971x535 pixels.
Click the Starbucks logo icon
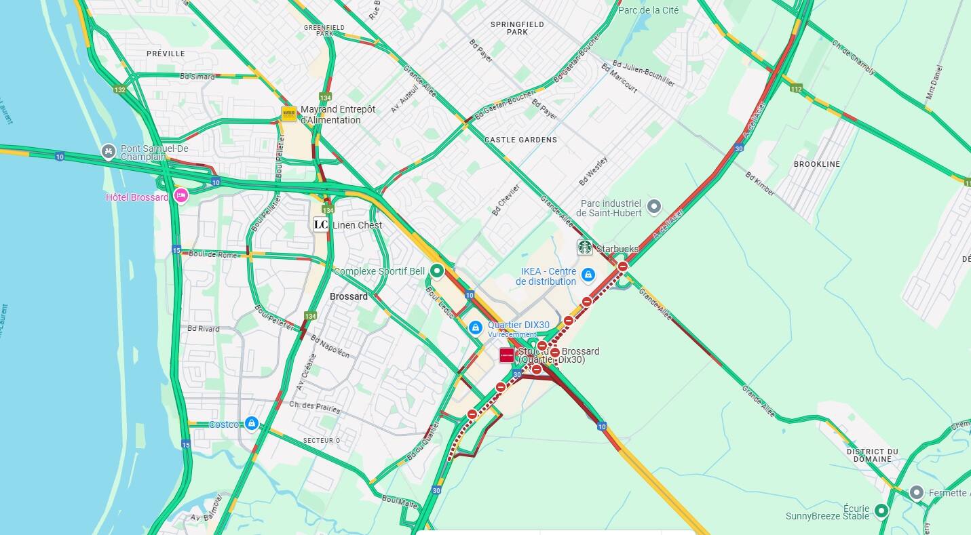pyautogui.click(x=585, y=247)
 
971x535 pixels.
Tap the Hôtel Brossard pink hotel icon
pyautogui.click(x=180, y=196)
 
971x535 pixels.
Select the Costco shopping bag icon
pyautogui.click(x=252, y=424)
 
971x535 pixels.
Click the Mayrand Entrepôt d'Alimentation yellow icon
pyautogui.click(x=289, y=114)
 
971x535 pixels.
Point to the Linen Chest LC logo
pyautogui.click(x=321, y=224)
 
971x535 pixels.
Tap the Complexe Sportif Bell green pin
pyautogui.click(x=438, y=271)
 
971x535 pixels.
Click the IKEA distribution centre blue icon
pyautogui.click(x=588, y=275)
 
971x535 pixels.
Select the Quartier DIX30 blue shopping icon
pyautogui.click(x=476, y=328)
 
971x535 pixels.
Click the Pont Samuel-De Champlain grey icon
pyautogui.click(x=108, y=151)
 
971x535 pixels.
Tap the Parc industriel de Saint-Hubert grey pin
pyautogui.click(x=653, y=205)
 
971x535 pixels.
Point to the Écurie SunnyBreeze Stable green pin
pyautogui.click(x=881, y=511)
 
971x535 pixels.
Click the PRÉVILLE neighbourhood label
pyautogui.click(x=166, y=54)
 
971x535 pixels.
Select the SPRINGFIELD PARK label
pyautogui.click(x=517, y=28)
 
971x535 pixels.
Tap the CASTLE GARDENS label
pyautogui.click(x=520, y=140)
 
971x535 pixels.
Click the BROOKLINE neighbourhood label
pyautogui.click(x=817, y=164)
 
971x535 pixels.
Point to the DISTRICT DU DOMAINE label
pyautogui.click(x=872, y=455)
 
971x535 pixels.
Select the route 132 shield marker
pyautogui.click(x=120, y=90)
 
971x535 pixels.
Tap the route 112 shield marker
pyautogui.click(x=796, y=89)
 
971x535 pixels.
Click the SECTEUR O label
pyautogui.click(x=322, y=441)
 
